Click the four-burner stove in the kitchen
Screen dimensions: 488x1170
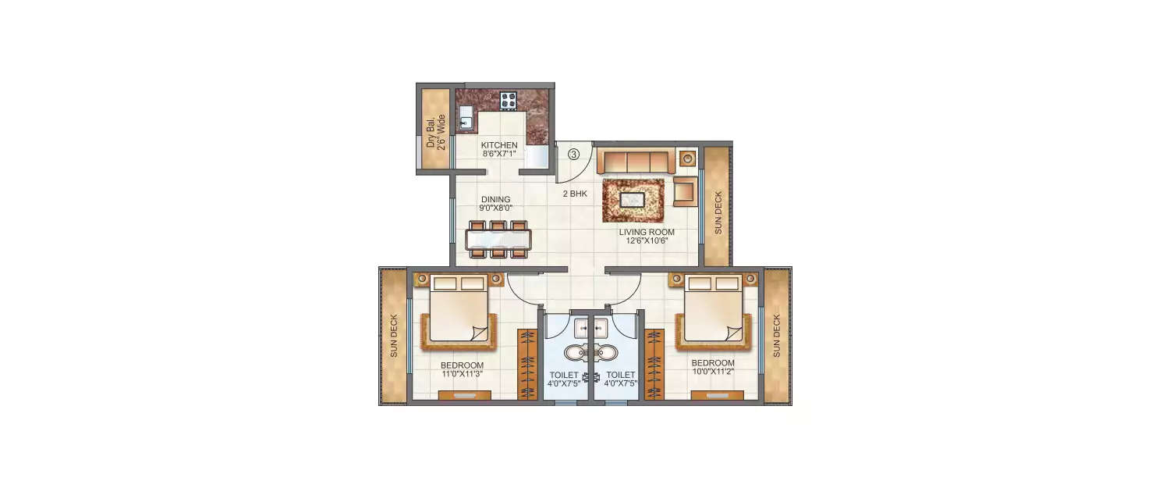[509, 100]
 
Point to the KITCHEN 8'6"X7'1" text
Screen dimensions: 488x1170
[499, 149]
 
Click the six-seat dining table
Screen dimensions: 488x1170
[498, 238]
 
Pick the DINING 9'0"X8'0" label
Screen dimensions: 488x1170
[495, 204]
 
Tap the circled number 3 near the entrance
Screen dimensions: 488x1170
[573, 155]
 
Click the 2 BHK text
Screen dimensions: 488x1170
[574, 194]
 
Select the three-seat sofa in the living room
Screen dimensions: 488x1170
[636, 162]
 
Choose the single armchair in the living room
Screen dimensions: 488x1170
[685, 191]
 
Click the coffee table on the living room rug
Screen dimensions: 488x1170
[632, 200]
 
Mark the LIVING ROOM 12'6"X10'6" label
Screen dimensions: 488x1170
[647, 237]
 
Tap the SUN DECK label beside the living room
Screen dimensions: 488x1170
[718, 212]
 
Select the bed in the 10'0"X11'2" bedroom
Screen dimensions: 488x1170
[713, 312]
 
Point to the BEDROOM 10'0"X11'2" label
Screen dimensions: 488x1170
[713, 368]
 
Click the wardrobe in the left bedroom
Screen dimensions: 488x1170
[528, 364]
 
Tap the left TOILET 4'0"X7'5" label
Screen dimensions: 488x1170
[563, 379]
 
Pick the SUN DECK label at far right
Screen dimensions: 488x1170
[777, 336]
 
